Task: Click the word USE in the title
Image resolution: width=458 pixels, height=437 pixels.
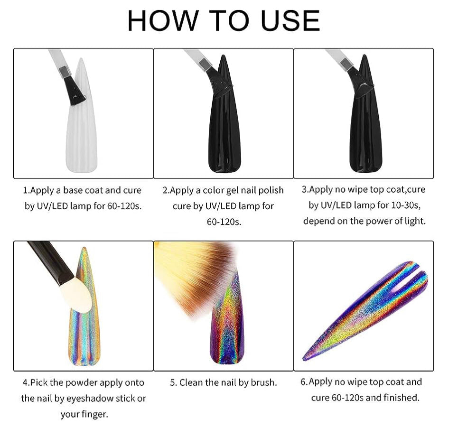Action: point(290,20)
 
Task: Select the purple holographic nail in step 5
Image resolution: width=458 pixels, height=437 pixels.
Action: point(228,327)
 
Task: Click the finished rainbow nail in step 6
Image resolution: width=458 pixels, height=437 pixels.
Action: point(365,311)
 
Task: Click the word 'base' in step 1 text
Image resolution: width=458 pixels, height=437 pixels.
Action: point(73,190)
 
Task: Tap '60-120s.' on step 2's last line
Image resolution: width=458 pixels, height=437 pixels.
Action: point(224,222)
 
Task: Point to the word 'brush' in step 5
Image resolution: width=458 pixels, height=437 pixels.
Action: point(263,382)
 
